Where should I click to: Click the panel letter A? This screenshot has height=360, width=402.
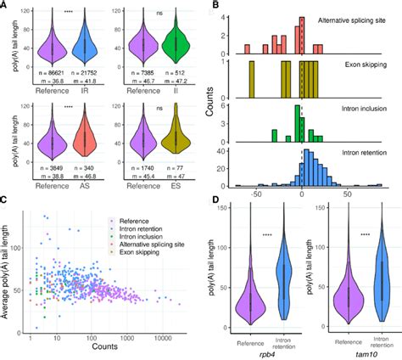pyautogui.click(x=5, y=6)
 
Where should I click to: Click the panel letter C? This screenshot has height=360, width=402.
pyautogui.click(x=5, y=200)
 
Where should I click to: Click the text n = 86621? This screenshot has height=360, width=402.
pyautogui.click(x=52, y=77)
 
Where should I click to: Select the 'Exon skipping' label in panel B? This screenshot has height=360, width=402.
pyautogui.click(x=366, y=63)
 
